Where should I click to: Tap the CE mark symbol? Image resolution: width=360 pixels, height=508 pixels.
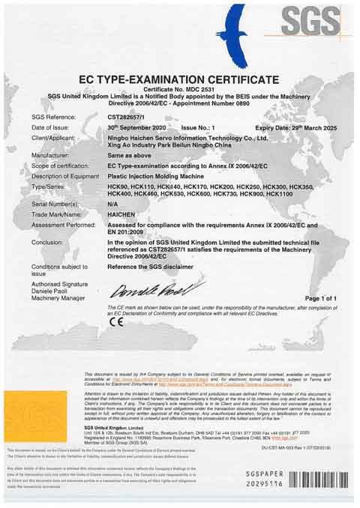116,322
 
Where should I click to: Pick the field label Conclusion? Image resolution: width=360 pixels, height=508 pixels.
48,242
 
